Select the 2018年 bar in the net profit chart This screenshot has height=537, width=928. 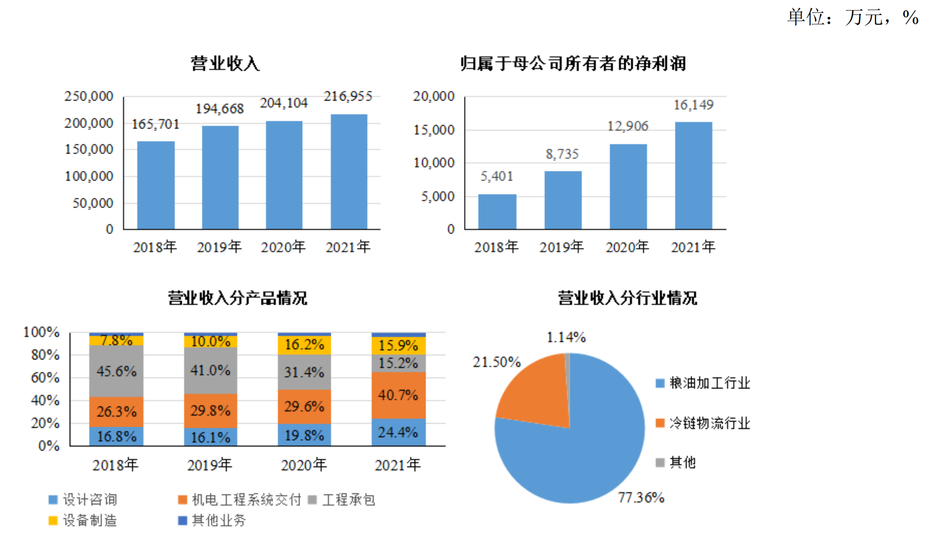pos(497,212)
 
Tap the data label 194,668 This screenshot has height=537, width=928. pos(219,109)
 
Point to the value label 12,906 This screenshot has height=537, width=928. pos(628,126)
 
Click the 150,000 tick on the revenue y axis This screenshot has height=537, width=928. pos(89,149)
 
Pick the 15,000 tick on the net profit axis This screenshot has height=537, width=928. pos(434,130)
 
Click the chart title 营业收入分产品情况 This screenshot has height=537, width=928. pos(237,298)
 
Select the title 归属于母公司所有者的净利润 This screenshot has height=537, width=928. pos(573,63)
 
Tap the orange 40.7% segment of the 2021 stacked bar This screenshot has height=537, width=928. pos(398,395)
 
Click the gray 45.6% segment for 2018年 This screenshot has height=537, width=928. pos(116,371)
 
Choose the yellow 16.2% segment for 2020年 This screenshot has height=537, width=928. pos(304,345)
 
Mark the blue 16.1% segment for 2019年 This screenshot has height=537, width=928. pos(210,437)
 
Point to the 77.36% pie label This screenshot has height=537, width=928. pos(641,497)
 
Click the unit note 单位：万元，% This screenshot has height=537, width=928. pos(853,17)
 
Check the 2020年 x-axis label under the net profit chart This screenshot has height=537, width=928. pos(627,247)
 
